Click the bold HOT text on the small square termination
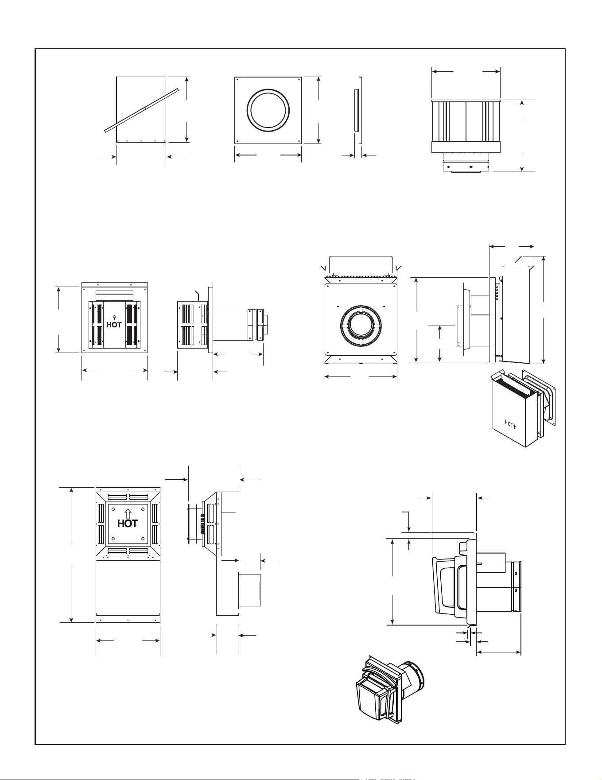(x=114, y=325)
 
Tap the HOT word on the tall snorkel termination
(x=128, y=523)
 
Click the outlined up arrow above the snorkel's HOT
(x=128, y=513)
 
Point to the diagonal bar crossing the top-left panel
(x=141, y=109)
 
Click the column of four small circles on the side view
(x=496, y=292)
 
